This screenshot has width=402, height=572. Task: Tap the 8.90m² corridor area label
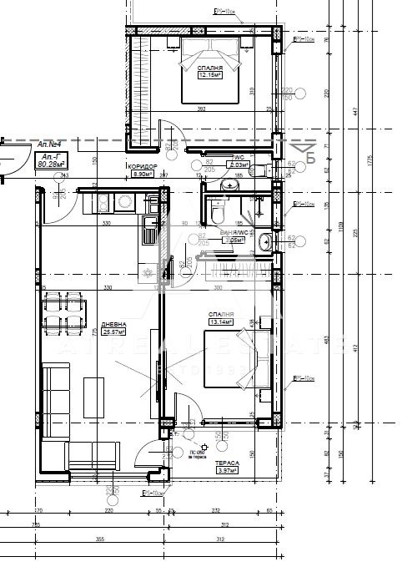pyautogui.click(x=142, y=175)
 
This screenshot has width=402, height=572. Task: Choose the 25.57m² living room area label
pyautogui.click(x=114, y=332)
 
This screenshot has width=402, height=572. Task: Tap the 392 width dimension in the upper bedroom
pyautogui.click(x=201, y=109)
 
